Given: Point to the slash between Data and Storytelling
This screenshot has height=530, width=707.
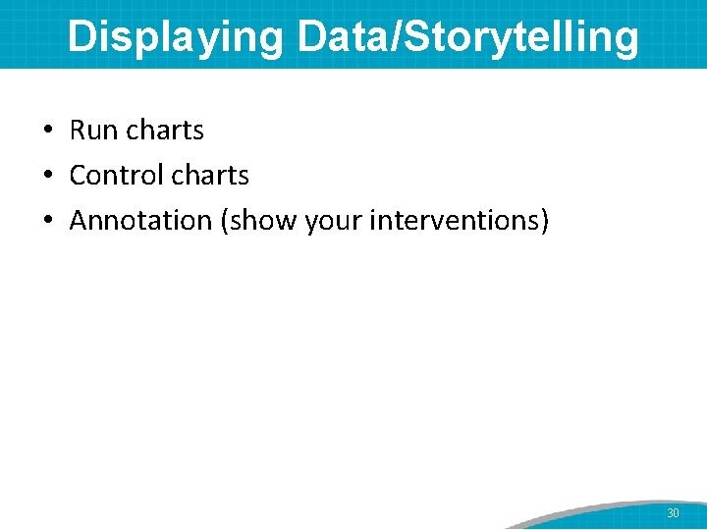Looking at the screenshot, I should [x=394, y=36].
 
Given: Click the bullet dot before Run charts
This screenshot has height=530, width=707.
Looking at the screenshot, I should [x=47, y=131].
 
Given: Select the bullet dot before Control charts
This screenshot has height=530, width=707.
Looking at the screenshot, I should [x=47, y=176].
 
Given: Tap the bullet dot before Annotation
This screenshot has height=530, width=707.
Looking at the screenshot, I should [x=47, y=221].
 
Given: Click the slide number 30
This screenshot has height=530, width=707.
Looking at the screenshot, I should [x=673, y=513].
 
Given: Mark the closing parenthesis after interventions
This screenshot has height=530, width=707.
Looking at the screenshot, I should [x=544, y=221].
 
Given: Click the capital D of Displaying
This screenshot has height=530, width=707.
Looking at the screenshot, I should [x=82, y=36].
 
